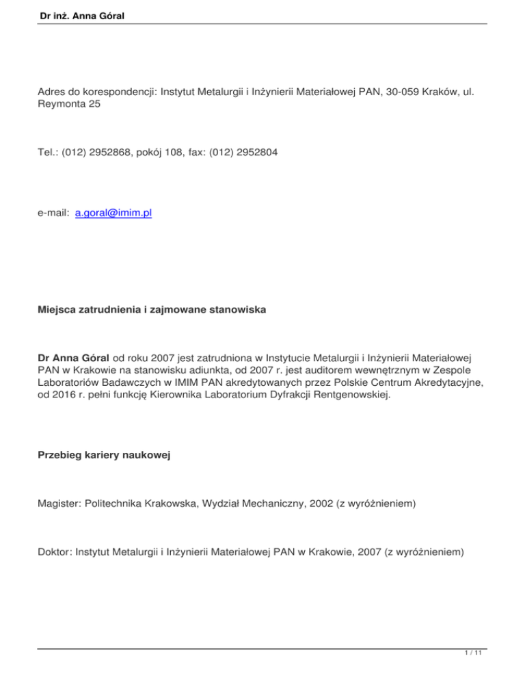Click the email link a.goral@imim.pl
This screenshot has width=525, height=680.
pyautogui.click(x=113, y=213)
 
